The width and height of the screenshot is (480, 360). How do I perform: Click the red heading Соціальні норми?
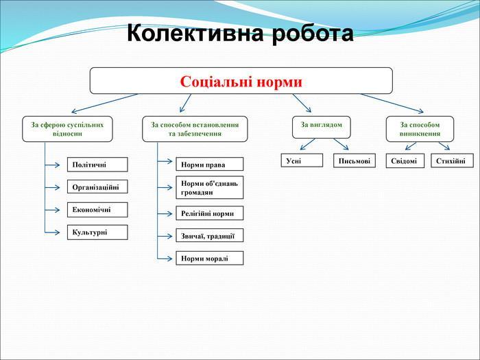pos(241,82)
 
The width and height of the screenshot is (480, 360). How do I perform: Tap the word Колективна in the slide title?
pos(195,33)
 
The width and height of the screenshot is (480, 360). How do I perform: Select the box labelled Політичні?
pos(97,165)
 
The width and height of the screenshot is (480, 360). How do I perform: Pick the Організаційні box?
pos(97,187)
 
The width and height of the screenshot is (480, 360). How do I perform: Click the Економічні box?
pos(97,210)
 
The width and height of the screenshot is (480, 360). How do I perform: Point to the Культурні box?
pos(97,232)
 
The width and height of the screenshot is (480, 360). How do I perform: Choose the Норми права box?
pos(210,164)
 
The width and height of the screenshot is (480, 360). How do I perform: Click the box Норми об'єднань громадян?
pos(210,187)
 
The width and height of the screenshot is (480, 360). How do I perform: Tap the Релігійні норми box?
pos(210,213)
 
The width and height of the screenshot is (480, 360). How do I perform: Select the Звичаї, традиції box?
pos(210,235)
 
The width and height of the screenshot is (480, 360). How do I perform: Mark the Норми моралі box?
pos(210,258)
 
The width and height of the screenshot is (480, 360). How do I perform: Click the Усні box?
pos(302,160)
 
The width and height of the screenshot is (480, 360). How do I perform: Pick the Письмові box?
pos(355,160)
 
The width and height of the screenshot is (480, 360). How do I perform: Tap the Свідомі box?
pos(405,160)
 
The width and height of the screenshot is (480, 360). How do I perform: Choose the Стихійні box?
pos(452,160)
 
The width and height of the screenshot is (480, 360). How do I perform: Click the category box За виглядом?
pos(322,127)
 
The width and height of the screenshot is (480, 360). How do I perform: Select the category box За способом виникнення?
pos(420,129)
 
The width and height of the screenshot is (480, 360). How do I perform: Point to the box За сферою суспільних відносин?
pos(67,129)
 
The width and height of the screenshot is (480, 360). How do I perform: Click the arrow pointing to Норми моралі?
pos(165,259)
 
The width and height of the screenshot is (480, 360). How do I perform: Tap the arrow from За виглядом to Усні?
pos(308,144)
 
